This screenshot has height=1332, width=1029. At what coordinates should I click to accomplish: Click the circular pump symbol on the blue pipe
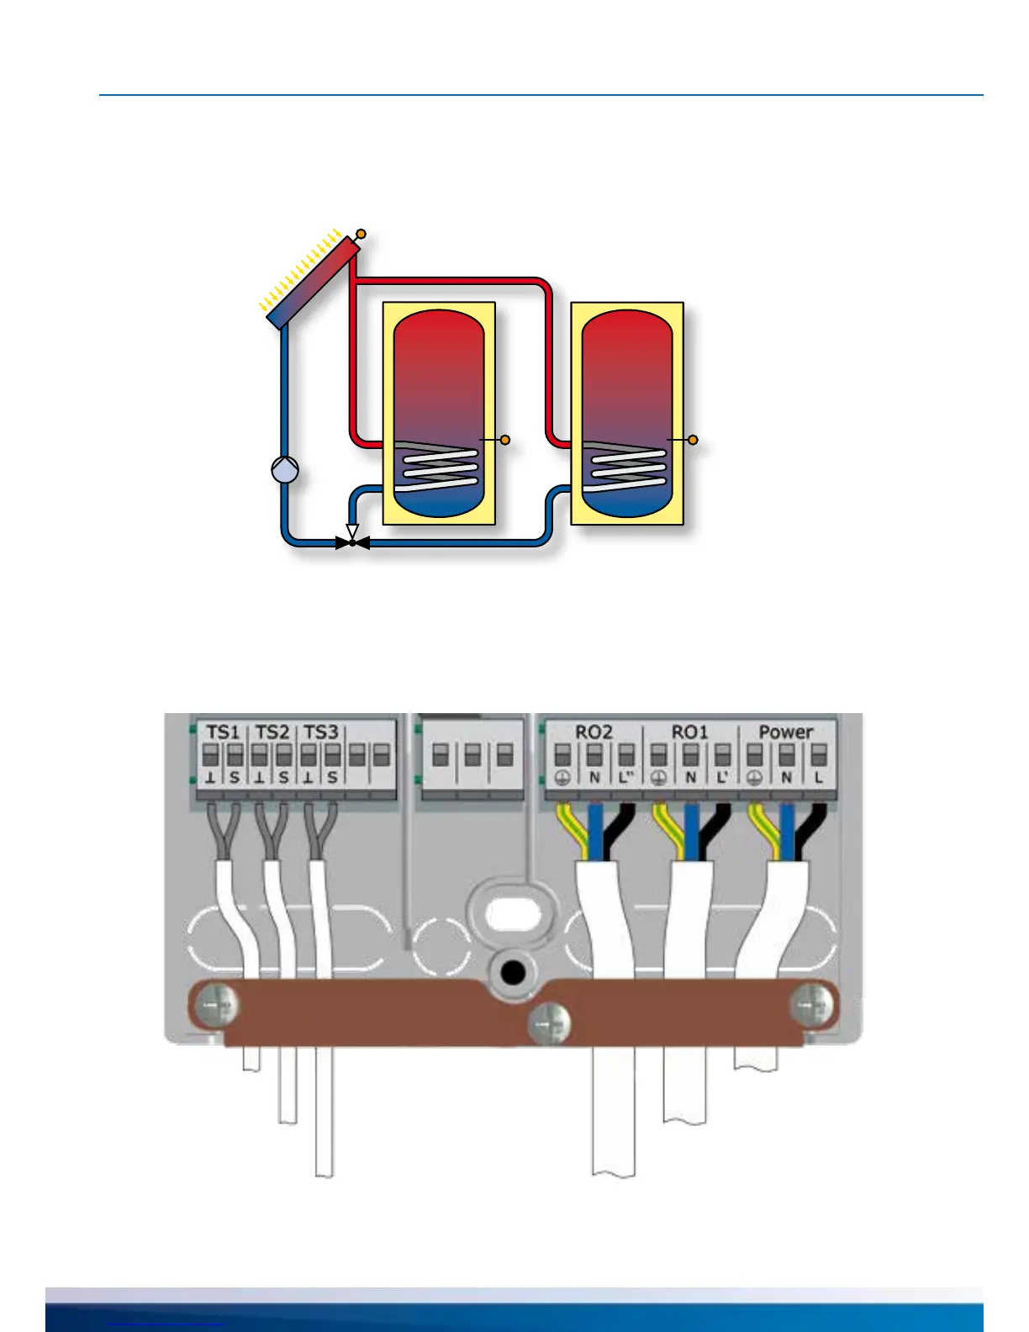[286, 469]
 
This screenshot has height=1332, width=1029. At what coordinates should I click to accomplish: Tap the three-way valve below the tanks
[352, 542]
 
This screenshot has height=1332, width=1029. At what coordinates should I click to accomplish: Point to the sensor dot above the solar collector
[361, 234]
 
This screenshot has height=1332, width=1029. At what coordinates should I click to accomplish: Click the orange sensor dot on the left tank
[505, 440]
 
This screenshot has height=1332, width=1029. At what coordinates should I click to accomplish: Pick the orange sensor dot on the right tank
[693, 440]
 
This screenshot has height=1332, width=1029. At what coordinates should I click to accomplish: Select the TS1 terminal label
[223, 732]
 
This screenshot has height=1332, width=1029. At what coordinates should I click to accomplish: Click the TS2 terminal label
[272, 732]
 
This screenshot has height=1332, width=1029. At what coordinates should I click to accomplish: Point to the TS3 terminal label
[320, 732]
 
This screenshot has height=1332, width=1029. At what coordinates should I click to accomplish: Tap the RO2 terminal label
[594, 732]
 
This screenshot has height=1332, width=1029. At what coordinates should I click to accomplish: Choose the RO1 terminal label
[689, 732]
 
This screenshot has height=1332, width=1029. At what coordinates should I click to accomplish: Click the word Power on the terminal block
[786, 732]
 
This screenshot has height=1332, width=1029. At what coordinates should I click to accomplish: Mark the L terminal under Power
[818, 778]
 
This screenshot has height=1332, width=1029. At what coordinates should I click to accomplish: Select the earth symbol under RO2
[562, 778]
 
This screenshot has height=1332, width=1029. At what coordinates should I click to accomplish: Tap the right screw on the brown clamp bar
[814, 1002]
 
